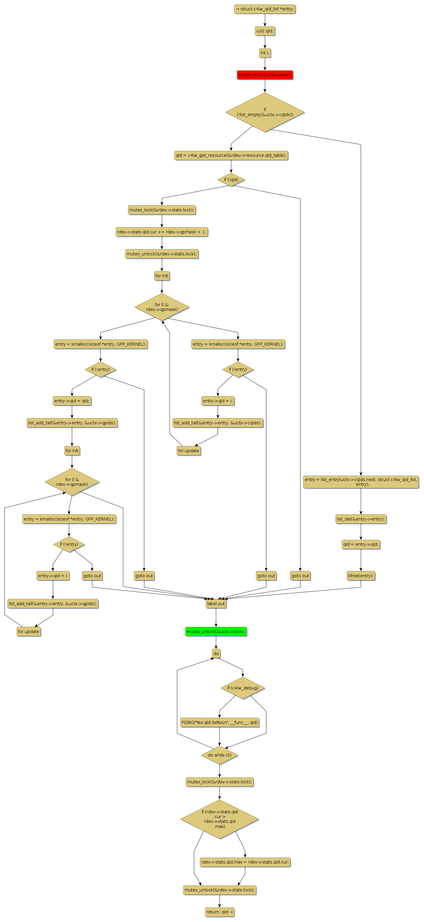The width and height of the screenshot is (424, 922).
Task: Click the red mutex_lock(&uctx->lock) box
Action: (x=265, y=75)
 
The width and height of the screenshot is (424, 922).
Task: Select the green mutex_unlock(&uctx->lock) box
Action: (x=216, y=631)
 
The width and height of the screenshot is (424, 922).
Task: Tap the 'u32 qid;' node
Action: (x=265, y=31)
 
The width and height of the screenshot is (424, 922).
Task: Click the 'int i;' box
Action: (x=265, y=53)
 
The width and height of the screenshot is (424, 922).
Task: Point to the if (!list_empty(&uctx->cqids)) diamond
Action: (x=265, y=112)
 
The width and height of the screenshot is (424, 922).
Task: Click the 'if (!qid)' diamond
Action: (x=231, y=180)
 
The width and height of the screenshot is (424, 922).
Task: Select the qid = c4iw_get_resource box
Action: (x=231, y=155)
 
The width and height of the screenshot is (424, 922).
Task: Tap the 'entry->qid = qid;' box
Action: (x=72, y=401)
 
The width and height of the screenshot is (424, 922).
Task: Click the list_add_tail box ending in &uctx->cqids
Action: (x=218, y=423)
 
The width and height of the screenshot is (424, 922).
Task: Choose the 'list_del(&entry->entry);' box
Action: (x=361, y=519)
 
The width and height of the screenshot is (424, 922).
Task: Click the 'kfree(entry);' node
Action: (x=361, y=575)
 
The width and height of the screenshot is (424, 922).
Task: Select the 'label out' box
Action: (x=216, y=603)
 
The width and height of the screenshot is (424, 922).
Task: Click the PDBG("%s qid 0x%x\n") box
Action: (x=219, y=722)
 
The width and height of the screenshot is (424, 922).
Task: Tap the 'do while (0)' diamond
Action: (x=219, y=755)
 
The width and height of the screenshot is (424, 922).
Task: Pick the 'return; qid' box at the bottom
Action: (x=219, y=912)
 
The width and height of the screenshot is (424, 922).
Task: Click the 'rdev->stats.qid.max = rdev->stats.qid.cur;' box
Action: (x=245, y=862)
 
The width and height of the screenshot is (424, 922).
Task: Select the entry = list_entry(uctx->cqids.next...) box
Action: (x=361, y=482)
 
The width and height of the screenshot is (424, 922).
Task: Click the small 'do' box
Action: (x=216, y=654)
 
